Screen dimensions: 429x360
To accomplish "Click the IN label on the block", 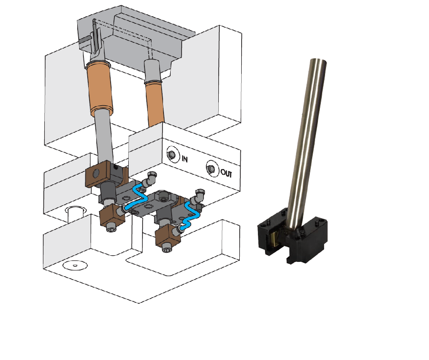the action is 184,159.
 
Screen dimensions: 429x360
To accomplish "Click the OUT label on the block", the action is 226,173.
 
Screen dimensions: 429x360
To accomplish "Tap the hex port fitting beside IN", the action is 172,154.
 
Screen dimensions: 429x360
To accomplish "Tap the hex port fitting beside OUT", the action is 211,169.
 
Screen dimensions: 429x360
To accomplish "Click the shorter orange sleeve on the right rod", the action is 155,104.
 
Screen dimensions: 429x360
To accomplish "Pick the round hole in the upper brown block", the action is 96,173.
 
